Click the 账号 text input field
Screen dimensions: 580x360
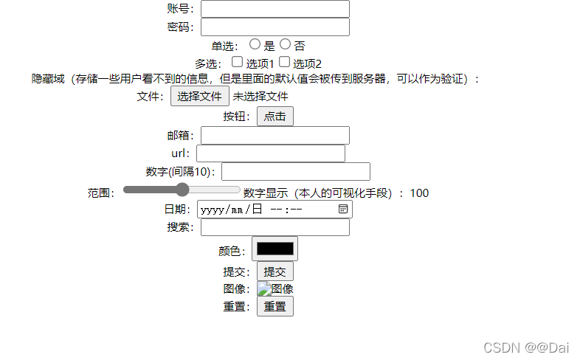point(275,9)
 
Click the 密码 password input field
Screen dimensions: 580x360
point(275,27)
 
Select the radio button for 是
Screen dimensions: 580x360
point(255,44)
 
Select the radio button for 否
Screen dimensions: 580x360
point(286,44)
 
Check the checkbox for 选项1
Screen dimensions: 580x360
point(238,63)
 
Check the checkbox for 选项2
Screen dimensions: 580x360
point(284,63)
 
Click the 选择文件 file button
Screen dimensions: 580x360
point(199,96)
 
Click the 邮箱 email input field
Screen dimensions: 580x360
point(275,135)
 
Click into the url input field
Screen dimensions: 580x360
point(270,153)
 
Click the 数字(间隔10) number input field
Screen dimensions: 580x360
point(295,172)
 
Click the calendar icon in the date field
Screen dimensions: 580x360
point(343,210)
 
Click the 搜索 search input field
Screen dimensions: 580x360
point(275,227)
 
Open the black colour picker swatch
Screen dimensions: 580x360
point(275,249)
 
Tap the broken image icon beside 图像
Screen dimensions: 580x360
point(264,289)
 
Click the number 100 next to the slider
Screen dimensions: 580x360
point(419,193)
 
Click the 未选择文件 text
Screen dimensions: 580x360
point(260,96)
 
